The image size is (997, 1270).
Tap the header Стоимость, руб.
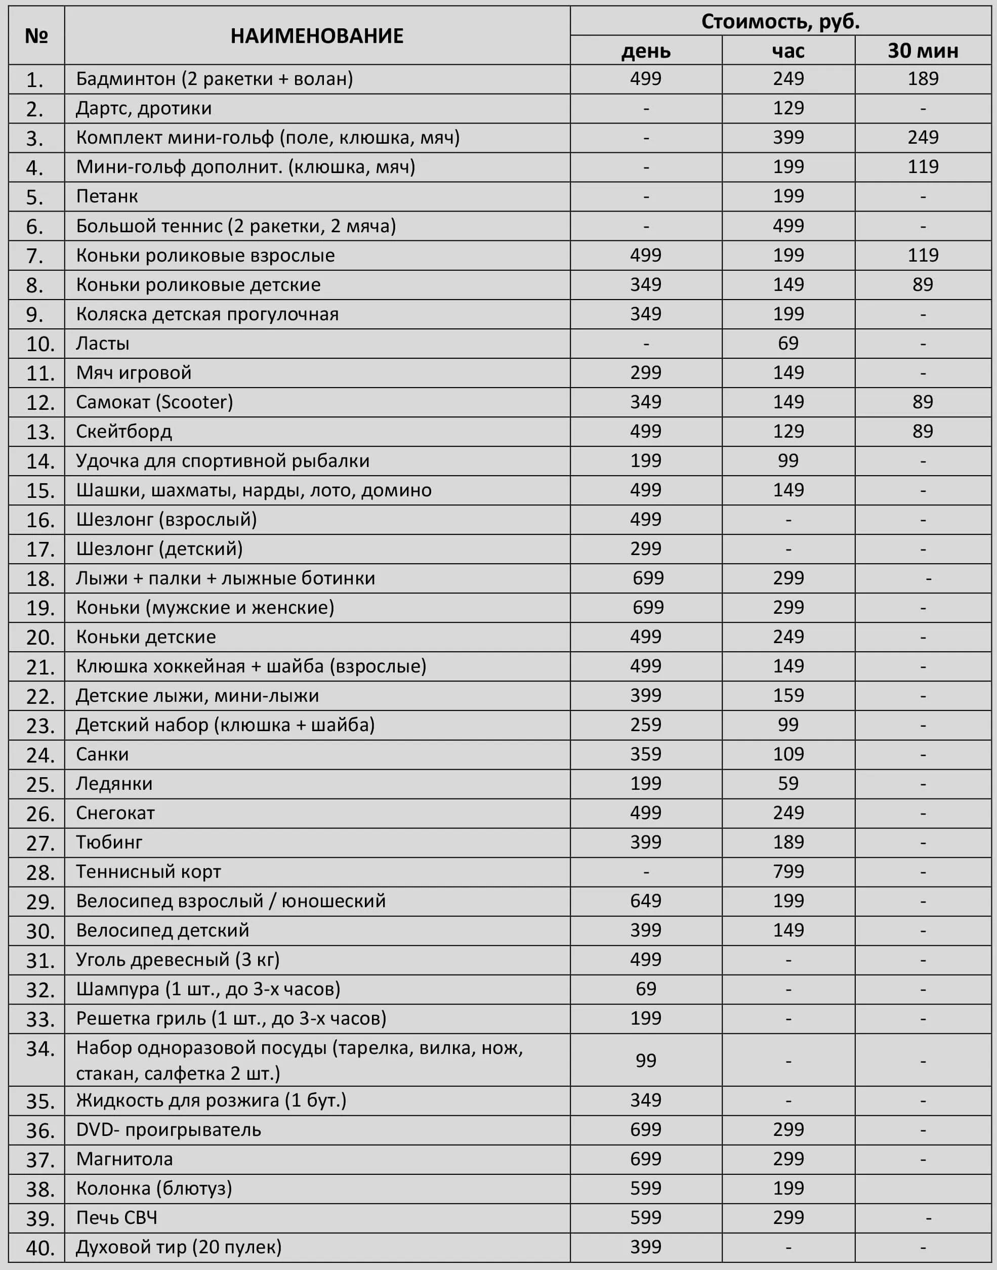coord(780,22)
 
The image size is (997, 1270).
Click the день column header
coord(646,51)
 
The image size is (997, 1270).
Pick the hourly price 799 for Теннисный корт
coord(788,871)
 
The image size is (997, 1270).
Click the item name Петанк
coord(107,197)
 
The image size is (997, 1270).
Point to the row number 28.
coord(39,872)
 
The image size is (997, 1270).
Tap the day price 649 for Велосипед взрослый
coord(646,901)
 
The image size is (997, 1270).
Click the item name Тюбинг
coord(109,842)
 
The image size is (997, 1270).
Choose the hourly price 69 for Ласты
coord(788,343)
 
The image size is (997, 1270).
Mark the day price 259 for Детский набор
coord(646,724)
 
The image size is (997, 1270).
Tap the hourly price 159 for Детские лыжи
coord(788,695)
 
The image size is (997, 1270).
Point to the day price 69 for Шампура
coord(646,989)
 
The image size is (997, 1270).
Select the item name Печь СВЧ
coord(117,1217)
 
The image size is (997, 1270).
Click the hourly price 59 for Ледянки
coord(788,783)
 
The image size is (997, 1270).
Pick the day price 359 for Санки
coord(646,754)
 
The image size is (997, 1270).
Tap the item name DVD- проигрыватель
coord(168,1129)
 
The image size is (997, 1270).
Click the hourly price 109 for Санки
coord(788,754)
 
